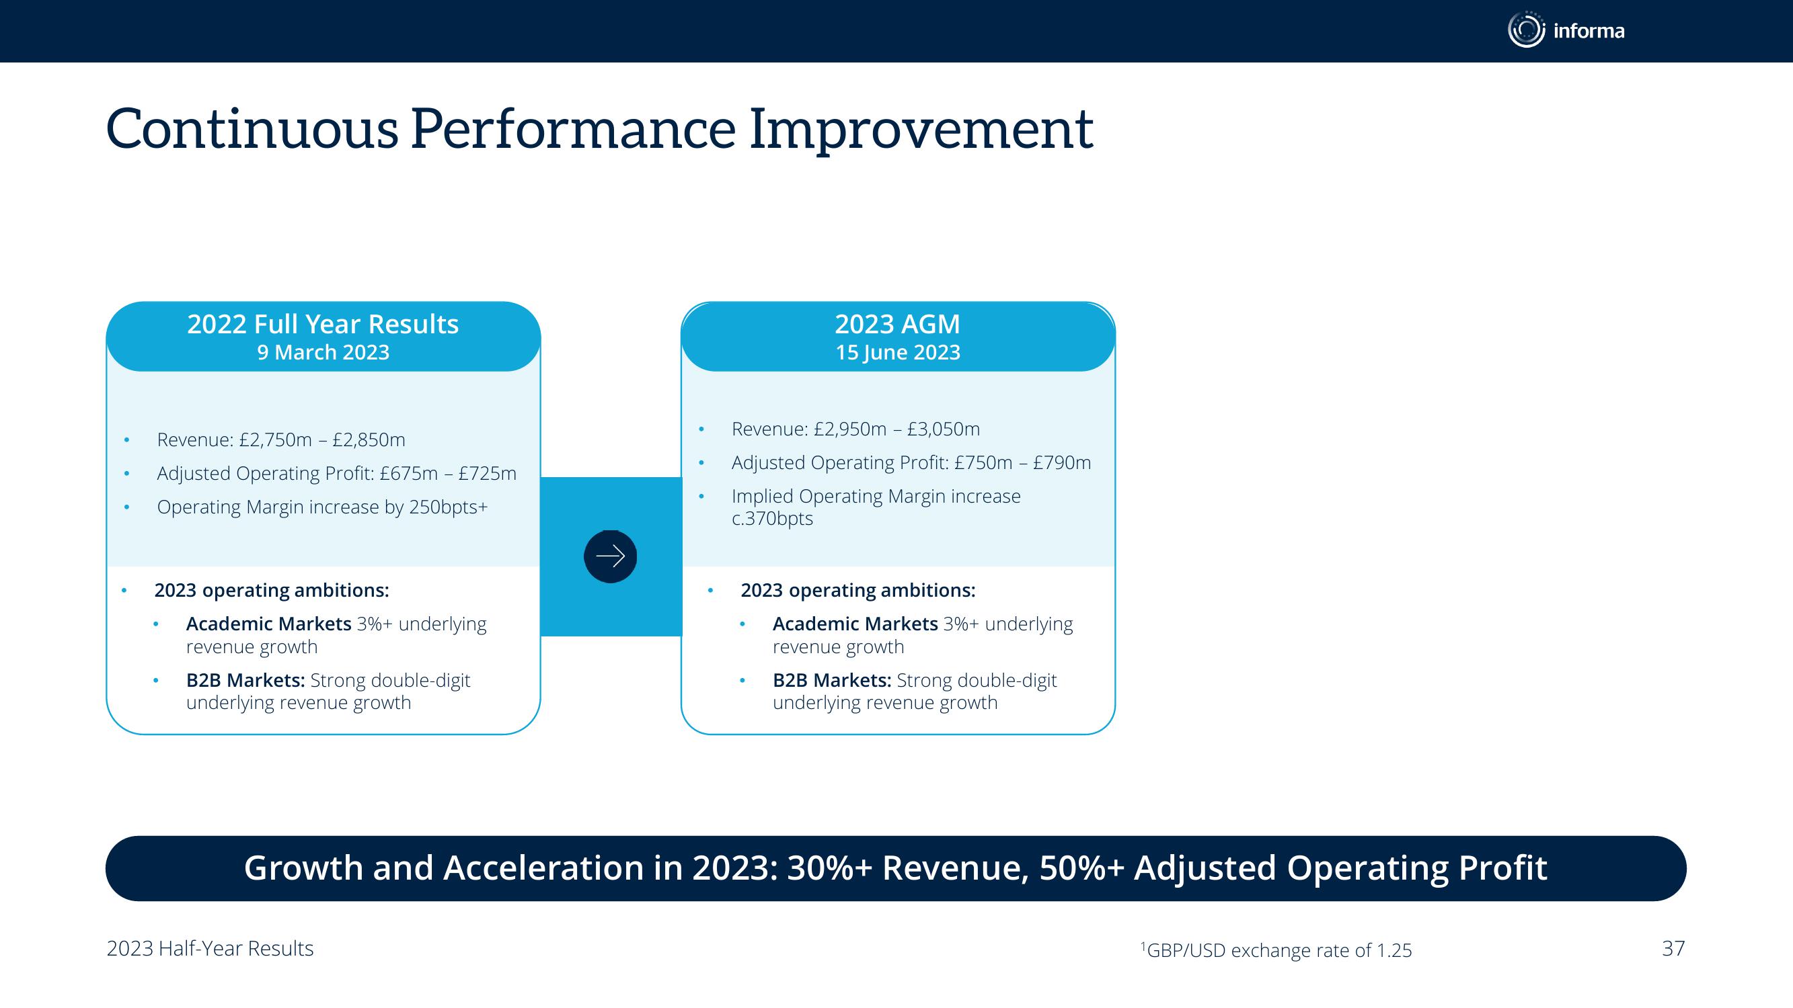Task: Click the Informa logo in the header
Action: [x=1566, y=30]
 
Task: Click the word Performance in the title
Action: [x=573, y=130]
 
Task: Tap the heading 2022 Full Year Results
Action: [x=323, y=324]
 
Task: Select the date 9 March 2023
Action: [x=323, y=353]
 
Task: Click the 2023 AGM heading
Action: [x=897, y=324]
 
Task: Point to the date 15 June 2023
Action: [x=898, y=353]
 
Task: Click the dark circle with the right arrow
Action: [x=611, y=556]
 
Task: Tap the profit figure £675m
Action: [x=409, y=474]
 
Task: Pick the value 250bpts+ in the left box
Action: [x=448, y=507]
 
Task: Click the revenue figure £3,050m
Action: [x=943, y=429]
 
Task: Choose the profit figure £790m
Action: [x=1062, y=462]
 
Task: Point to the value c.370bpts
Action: [x=772, y=519]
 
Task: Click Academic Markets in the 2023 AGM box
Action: [x=855, y=624]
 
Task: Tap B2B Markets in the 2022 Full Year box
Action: [x=245, y=680]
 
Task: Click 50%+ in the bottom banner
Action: [x=1081, y=868]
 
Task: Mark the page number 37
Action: [x=1673, y=949]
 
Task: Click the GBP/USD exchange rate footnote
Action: [x=1276, y=950]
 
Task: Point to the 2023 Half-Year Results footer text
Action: [x=211, y=949]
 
